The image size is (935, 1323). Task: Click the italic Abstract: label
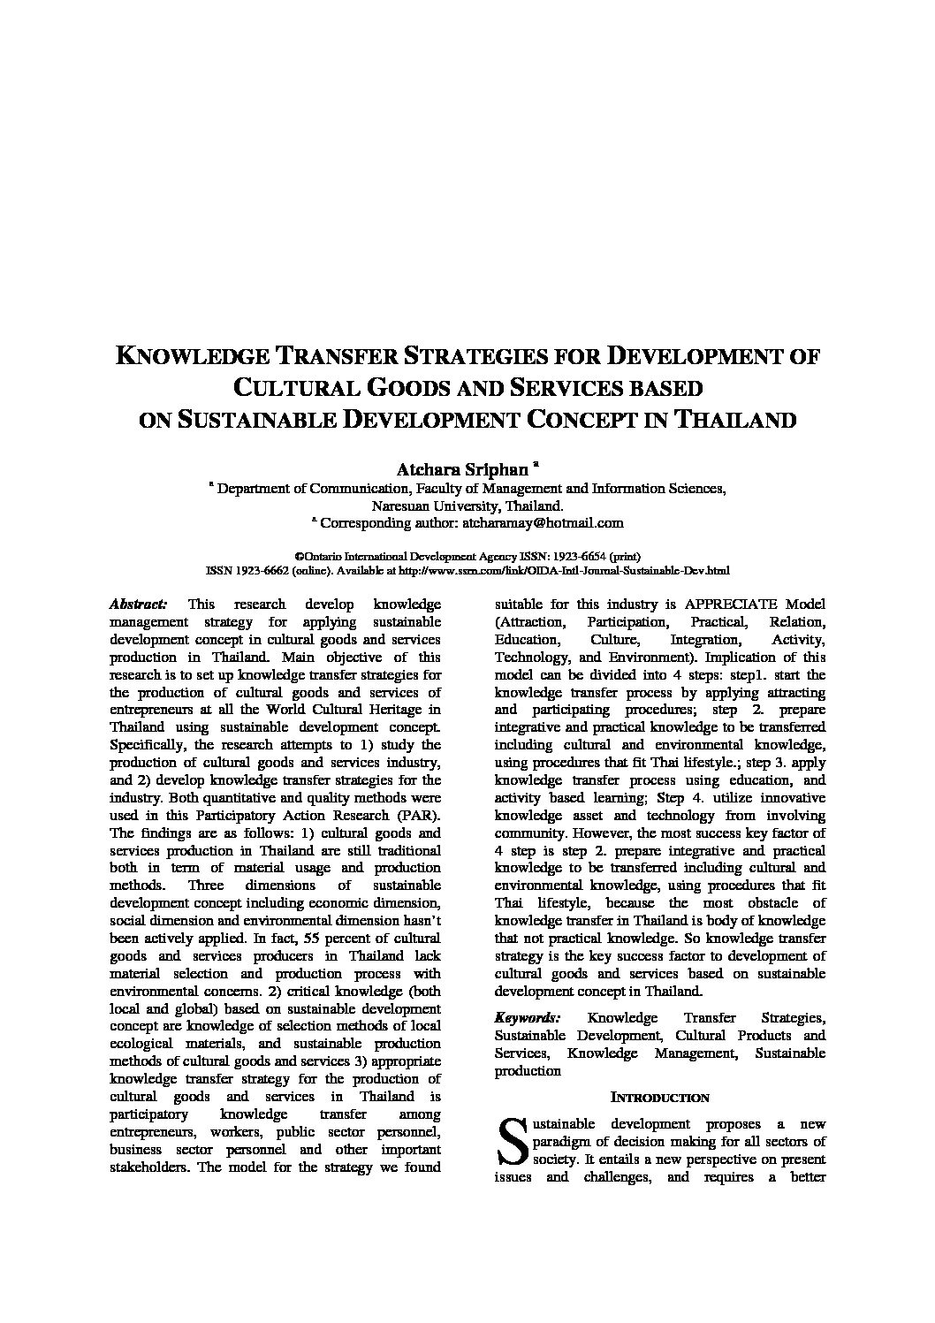coord(138,604)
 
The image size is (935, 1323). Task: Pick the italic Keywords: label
coord(527,1018)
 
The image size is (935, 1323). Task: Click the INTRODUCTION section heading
coord(659,1098)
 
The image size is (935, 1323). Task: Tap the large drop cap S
coord(510,1141)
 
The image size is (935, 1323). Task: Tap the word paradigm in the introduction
coord(566,1141)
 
